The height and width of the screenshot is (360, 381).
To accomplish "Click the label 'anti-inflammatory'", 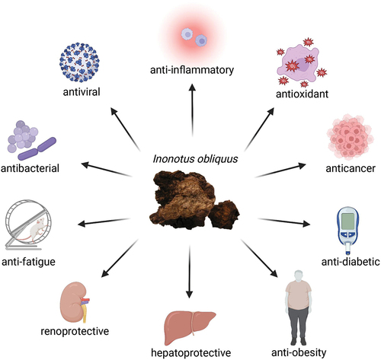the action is [192, 70].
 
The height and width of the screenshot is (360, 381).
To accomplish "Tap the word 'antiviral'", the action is [82, 92].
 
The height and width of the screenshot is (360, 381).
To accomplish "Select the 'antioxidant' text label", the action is [302, 94].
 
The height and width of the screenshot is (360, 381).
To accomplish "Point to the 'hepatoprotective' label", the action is [191, 352].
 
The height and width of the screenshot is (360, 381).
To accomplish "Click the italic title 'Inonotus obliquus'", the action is [195, 159].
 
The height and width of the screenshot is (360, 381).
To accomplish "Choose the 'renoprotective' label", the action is [75, 331].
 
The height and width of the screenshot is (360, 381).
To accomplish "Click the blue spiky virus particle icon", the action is [79, 62].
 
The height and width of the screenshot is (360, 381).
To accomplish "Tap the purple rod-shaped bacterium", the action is [37, 148].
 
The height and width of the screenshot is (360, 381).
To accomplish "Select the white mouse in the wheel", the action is [37, 230].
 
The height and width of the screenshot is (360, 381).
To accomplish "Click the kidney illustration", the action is [75, 302].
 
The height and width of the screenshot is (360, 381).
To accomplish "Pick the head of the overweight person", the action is [299, 276].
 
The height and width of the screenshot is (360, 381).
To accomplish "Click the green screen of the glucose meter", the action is [348, 221].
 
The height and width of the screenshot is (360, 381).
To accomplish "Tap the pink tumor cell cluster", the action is [351, 137].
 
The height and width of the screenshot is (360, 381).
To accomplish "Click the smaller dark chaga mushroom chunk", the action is [224, 215].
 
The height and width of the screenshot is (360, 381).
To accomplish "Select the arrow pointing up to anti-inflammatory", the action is [192, 110].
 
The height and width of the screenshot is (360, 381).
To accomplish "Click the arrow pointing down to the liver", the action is [189, 272].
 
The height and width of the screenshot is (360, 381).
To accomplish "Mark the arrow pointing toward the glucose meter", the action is [284, 221].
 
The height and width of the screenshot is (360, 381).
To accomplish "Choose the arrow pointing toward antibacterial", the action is [107, 169].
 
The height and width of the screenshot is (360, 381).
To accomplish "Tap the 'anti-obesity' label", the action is [299, 352].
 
